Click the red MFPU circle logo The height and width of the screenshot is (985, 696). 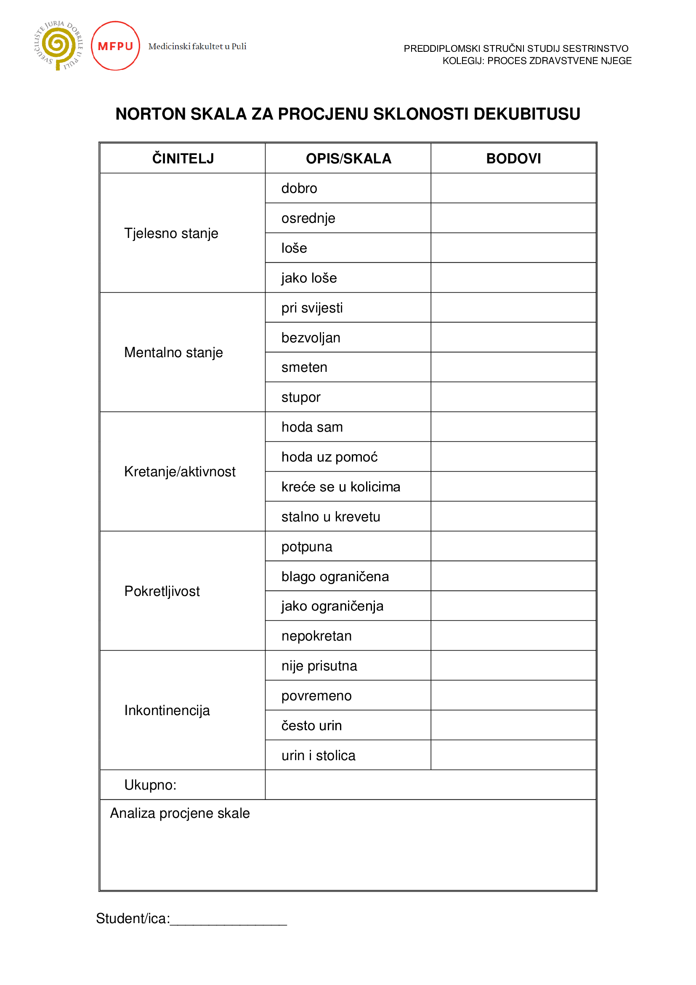pos(115,46)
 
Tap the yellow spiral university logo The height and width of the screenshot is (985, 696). pos(58,45)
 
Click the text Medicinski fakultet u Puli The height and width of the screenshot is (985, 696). pos(197,46)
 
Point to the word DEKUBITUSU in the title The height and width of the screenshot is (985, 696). pos(527,114)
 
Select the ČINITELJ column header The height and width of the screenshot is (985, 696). pos(183,159)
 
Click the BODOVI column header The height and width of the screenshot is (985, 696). pos(513,159)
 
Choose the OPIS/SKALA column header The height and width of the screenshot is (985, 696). pos(348,159)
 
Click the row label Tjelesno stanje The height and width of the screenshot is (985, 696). pos(171,233)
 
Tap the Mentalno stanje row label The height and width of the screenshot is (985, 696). pos(173,352)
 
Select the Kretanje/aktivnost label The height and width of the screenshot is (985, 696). pos(180,472)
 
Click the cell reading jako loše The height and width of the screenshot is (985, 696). pos(309,278)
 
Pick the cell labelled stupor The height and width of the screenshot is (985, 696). pos(301,397)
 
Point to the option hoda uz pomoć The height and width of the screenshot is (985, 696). pos(329,457)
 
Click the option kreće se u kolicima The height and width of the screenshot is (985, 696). pos(341,487)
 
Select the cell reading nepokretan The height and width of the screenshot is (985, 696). pos(316,636)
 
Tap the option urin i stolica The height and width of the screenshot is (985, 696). pos(319,755)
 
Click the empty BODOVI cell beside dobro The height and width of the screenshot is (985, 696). pos(513,188)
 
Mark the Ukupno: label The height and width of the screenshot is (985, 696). pos(150,785)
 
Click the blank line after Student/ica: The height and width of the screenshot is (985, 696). pos(228,919)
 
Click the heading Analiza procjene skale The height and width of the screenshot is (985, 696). pos(180,814)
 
